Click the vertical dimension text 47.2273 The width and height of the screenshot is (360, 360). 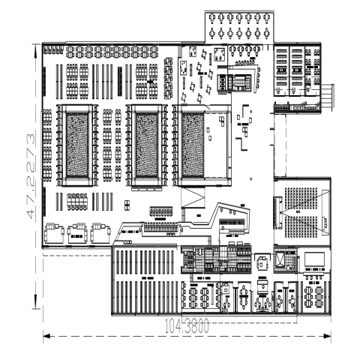[x=30, y=176]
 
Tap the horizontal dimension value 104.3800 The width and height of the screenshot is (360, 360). [x=187, y=326]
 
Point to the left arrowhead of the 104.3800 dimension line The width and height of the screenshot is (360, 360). [x=47, y=336]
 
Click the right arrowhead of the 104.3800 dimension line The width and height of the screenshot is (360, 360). [x=328, y=336]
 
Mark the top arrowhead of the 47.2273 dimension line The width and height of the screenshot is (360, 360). [x=35, y=49]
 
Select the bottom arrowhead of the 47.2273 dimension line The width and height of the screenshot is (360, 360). [x=35, y=304]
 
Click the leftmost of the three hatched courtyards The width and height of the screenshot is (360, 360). [x=77, y=145]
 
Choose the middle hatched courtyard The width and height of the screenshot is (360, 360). [x=147, y=145]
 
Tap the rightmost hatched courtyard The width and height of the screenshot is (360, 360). [x=193, y=145]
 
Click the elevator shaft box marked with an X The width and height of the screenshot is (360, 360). [x=279, y=259]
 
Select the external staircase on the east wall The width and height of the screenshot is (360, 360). [x=327, y=96]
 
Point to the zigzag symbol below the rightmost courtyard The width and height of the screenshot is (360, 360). [x=193, y=197]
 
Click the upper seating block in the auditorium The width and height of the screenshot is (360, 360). [x=301, y=199]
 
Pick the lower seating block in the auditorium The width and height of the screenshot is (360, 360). [x=301, y=226]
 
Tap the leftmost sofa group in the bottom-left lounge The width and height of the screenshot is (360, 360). [x=54, y=232]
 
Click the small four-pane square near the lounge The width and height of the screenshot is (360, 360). [x=127, y=205]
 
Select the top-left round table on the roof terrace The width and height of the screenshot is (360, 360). [x=212, y=17]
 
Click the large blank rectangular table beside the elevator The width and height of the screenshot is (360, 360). [x=314, y=259]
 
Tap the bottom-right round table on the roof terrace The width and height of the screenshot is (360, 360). [x=267, y=32]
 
